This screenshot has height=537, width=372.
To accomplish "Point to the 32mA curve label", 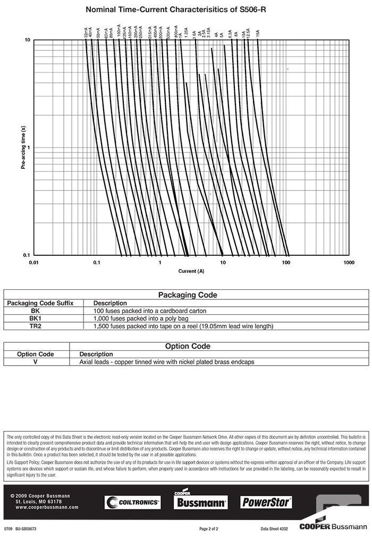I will click(86, 33).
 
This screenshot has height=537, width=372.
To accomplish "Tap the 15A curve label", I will click(258, 33).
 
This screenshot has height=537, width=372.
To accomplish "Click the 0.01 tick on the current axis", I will click(34, 263).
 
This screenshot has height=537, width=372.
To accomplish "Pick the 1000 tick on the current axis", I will click(349, 263).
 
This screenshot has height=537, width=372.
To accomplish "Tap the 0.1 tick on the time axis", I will click(26, 255).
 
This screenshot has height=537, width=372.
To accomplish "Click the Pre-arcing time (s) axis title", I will click(23, 148).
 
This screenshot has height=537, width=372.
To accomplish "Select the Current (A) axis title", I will click(191, 271).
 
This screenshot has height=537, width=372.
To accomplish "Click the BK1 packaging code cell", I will click(35, 318).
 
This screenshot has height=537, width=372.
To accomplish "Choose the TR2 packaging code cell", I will click(35, 326).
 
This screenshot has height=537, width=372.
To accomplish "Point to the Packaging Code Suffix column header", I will click(40, 303).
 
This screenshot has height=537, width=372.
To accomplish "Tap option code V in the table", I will click(35, 361).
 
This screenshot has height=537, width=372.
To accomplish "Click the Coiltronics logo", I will click(132, 502).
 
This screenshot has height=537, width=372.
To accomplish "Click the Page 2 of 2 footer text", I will click(209, 529).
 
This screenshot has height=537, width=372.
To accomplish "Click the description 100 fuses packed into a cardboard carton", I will click(149, 311).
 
